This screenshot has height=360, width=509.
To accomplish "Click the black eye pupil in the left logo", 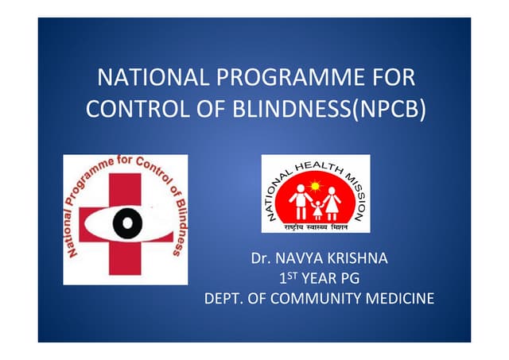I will coord(126,225).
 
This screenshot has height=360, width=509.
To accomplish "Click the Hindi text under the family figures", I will coord(316,226).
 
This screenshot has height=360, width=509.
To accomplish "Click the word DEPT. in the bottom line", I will coord(224,299).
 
